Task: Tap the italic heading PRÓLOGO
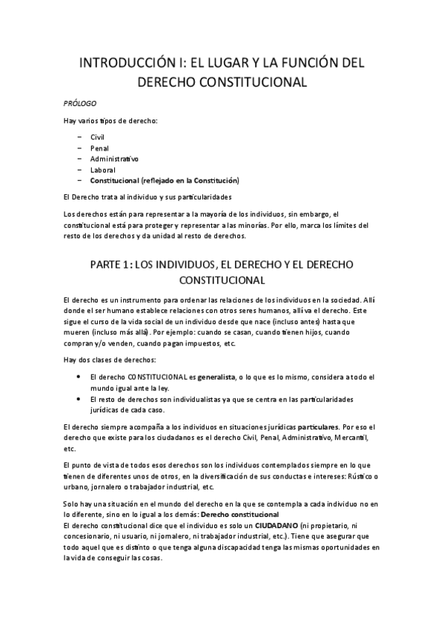[x=80, y=103]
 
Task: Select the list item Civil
[x=98, y=138]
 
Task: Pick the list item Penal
[x=99, y=148]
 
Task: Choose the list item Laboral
[x=103, y=169]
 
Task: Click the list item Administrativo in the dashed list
[x=114, y=159]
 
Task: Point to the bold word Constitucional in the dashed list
[x=119, y=180]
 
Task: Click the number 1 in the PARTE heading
[x=133, y=264]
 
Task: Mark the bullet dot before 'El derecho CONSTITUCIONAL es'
[x=79, y=377]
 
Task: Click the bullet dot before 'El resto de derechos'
[x=79, y=399]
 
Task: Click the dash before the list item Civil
[x=79, y=138]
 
